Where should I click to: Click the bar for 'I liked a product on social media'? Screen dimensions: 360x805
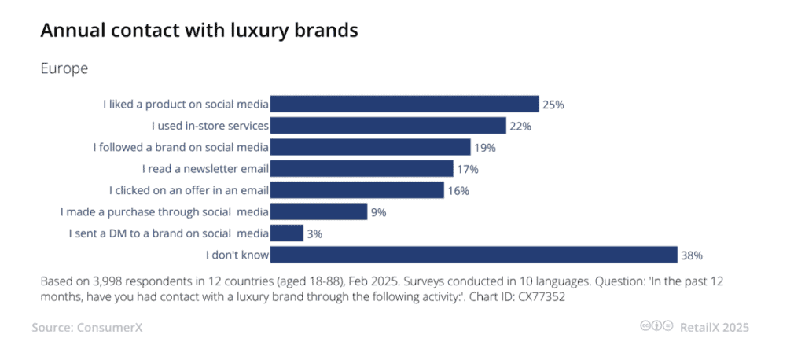click(x=405, y=104)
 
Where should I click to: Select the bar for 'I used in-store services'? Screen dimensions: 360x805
click(x=388, y=126)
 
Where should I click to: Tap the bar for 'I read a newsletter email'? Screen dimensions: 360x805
click(x=362, y=168)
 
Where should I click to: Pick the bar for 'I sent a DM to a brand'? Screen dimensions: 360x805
click(x=287, y=233)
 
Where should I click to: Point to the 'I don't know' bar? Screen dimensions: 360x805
click(x=474, y=255)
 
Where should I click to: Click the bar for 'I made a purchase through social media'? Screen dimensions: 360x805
click(x=319, y=211)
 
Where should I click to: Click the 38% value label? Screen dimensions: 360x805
click(x=692, y=255)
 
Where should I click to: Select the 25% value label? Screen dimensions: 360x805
click(x=553, y=105)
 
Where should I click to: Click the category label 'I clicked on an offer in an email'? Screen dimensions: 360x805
click(x=189, y=190)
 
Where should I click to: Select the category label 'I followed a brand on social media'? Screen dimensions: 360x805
click(x=182, y=147)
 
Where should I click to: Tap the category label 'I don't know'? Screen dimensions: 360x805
click(x=237, y=255)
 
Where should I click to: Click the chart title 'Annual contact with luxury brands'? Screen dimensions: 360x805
click(x=199, y=31)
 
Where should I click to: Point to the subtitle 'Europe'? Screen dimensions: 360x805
click(x=64, y=68)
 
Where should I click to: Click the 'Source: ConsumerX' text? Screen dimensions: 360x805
click(x=81, y=327)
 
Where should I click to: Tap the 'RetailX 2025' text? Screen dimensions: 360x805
click(x=715, y=327)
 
